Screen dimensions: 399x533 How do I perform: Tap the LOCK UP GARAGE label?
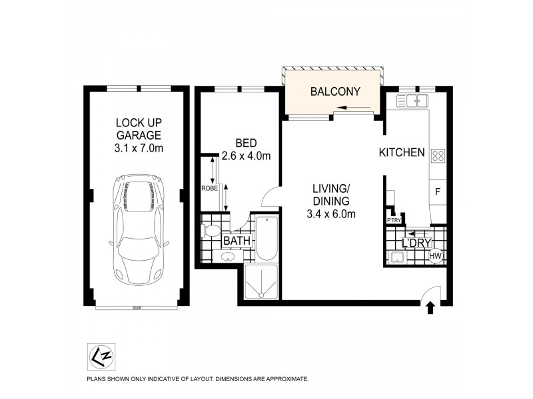tap(139, 129)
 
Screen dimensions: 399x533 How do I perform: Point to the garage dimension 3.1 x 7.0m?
tap(139, 148)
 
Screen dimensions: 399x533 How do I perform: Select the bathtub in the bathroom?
tap(267, 239)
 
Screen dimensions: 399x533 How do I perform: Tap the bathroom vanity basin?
tap(229, 257)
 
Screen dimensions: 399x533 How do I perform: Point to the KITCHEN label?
tap(402, 153)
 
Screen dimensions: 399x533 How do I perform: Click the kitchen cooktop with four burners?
tap(438, 156)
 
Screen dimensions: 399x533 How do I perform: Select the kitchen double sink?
tap(412, 101)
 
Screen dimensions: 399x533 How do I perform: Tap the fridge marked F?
tap(438, 192)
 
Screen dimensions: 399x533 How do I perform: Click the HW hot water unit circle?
tap(436, 256)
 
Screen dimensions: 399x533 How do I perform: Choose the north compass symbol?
tap(97, 354)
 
